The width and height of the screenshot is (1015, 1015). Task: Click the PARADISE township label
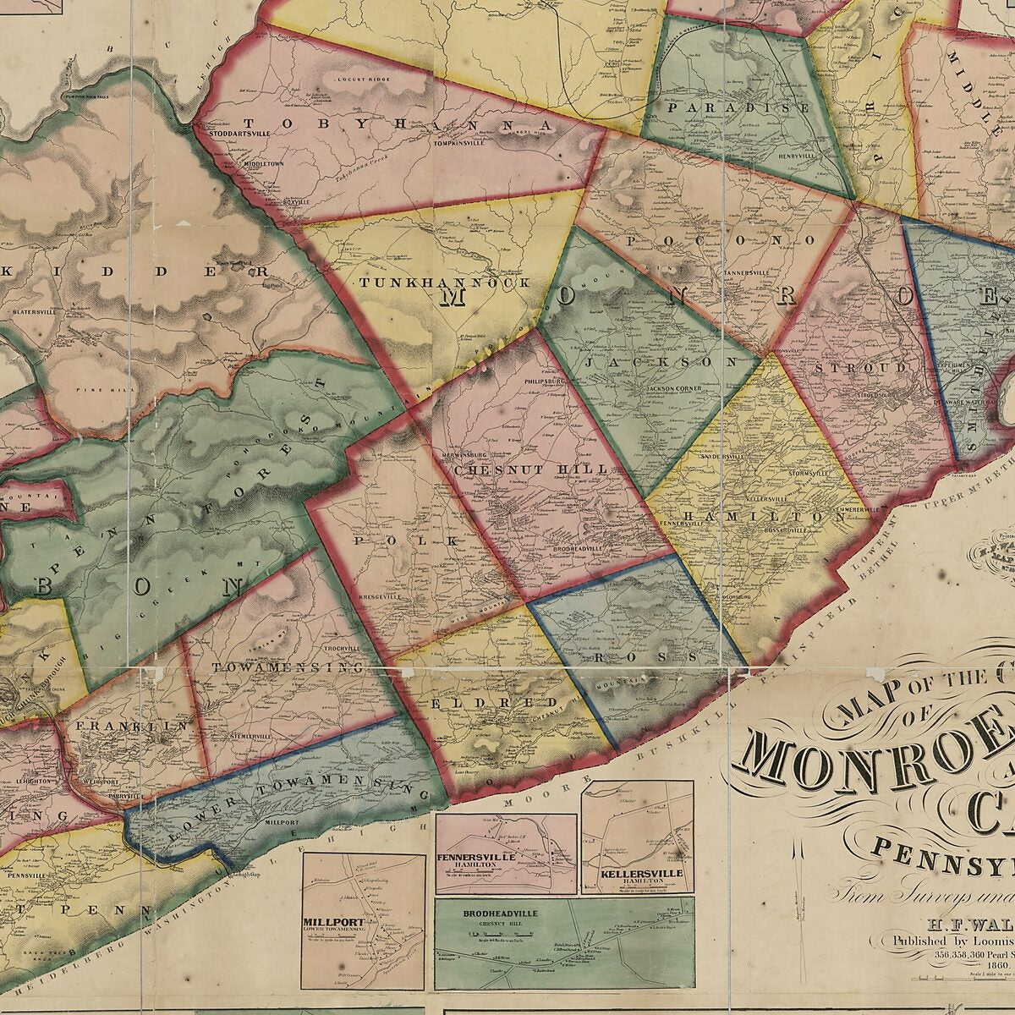click(738, 108)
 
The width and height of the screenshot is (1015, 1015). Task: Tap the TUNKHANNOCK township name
click(446, 283)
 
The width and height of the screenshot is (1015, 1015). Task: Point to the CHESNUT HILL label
click(531, 469)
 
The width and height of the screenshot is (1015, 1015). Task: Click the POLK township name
click(408, 540)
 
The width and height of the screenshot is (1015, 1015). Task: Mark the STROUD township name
click(861, 369)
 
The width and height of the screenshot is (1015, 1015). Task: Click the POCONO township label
click(721, 240)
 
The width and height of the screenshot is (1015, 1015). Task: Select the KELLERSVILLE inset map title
click(639, 872)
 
